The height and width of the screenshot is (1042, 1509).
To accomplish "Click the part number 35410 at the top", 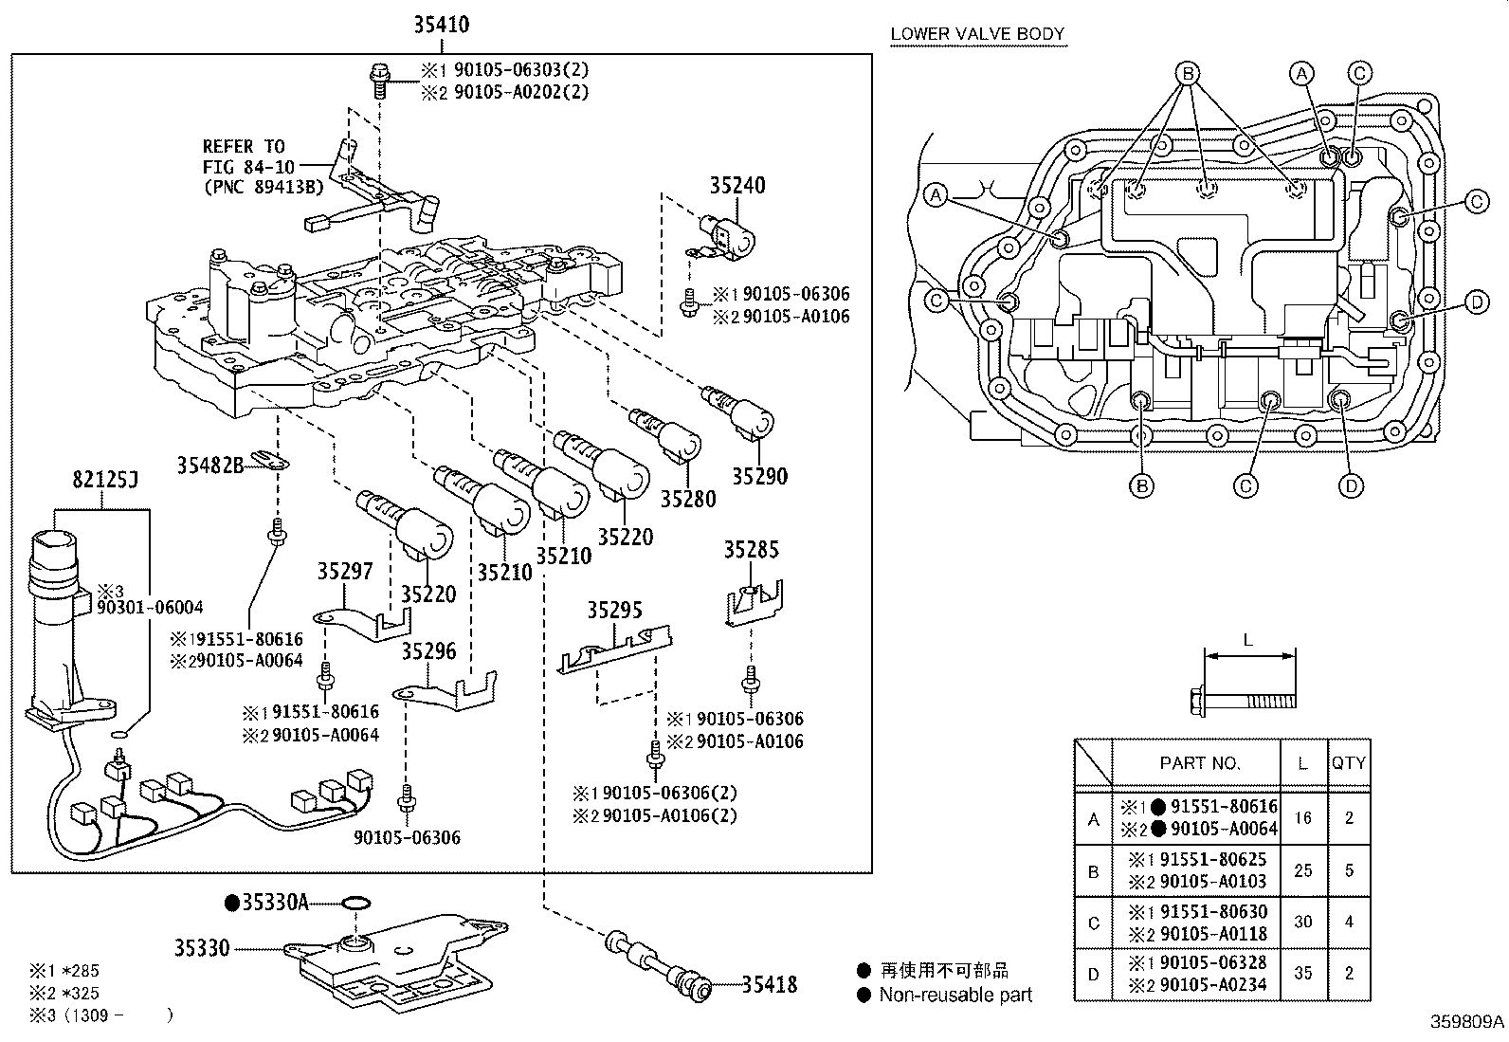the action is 442,25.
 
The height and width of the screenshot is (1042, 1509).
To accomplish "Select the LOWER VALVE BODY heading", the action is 977,34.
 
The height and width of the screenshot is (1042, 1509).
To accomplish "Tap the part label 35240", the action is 737,185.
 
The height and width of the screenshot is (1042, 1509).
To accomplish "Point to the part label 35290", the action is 760,477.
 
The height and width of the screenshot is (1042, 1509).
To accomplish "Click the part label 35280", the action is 688,499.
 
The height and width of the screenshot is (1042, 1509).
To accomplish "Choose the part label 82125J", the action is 105,480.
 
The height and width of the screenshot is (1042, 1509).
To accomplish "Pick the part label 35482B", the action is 210,465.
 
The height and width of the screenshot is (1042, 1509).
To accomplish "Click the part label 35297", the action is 345,571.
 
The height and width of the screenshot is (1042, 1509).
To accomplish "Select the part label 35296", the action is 429,651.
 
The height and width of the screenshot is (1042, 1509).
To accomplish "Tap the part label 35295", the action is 614,610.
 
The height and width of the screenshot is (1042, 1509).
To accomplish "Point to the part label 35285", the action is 751,549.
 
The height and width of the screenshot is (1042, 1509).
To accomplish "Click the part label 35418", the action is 770,985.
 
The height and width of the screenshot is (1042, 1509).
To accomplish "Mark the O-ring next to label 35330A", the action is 355,903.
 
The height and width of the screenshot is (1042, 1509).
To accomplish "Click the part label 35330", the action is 202,948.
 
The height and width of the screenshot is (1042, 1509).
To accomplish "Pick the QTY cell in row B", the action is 1350,870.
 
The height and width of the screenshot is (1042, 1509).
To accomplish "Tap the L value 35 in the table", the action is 1303,973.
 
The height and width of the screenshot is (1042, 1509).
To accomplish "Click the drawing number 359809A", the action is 1467,1022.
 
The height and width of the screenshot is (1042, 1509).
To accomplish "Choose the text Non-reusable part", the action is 955,995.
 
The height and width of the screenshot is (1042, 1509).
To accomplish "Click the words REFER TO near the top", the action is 244,146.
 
